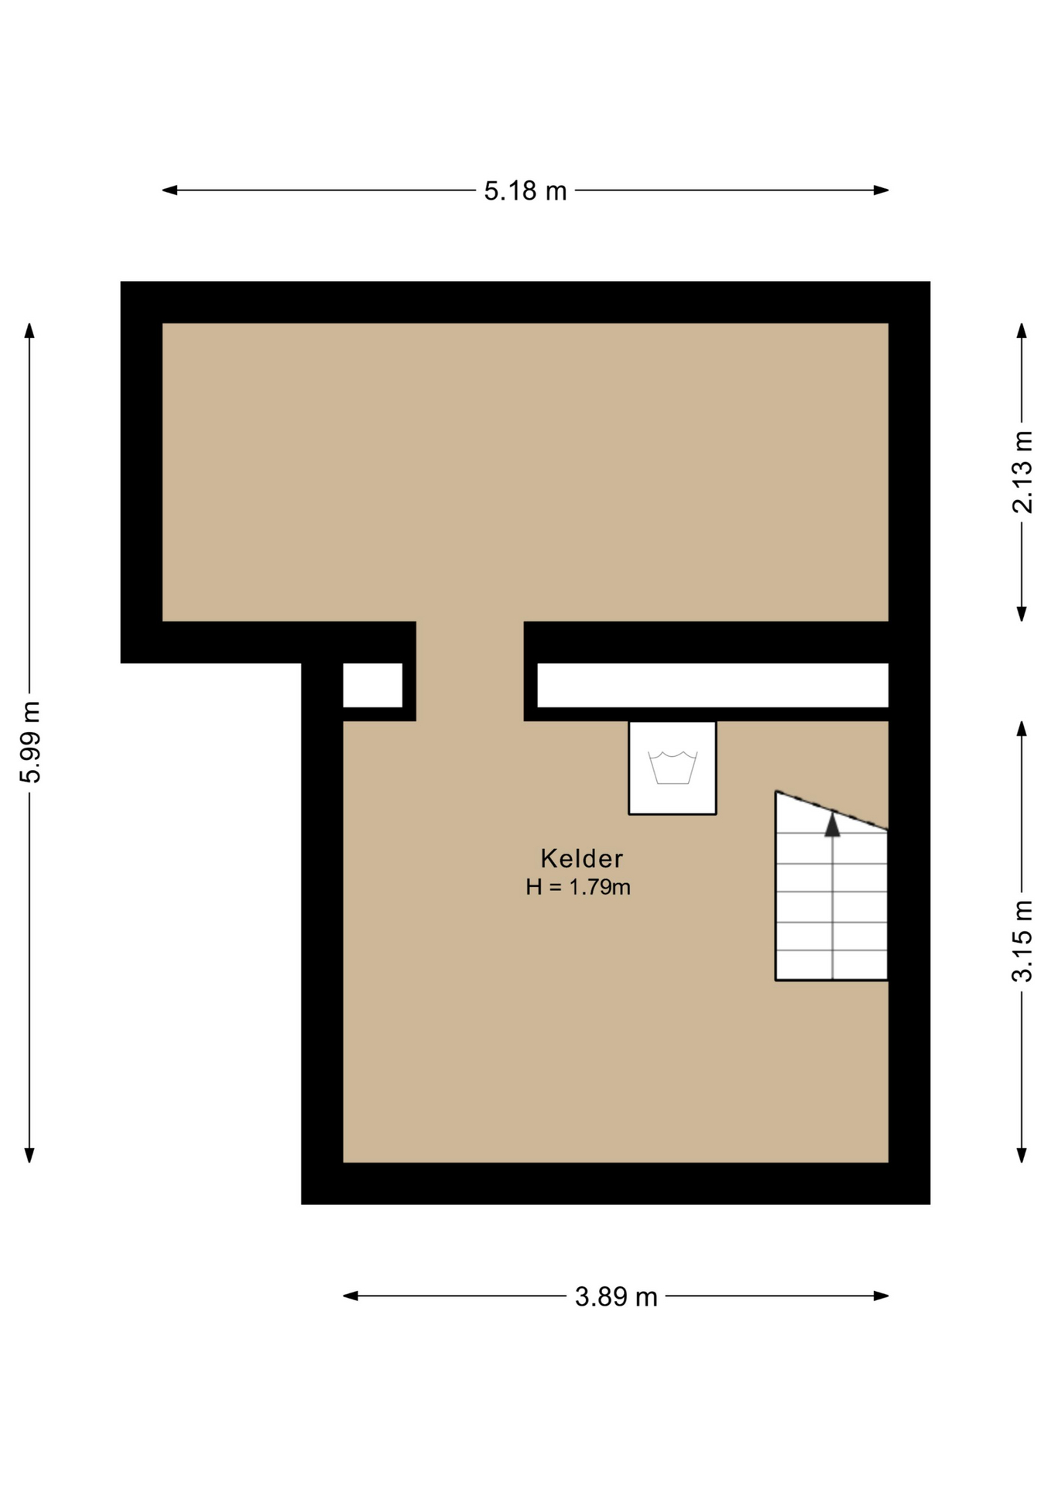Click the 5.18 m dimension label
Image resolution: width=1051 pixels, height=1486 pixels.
tap(525, 190)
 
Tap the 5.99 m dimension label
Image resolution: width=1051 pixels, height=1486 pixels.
tap(30, 742)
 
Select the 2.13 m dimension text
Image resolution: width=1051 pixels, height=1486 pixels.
tap(1022, 472)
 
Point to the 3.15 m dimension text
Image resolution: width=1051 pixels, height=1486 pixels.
tap(1022, 941)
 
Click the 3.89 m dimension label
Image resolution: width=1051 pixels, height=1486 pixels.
tap(616, 1296)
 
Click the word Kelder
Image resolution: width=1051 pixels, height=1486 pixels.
tap(581, 858)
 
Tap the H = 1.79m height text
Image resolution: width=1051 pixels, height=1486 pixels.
tap(578, 887)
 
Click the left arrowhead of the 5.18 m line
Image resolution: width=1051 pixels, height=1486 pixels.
tap(169, 190)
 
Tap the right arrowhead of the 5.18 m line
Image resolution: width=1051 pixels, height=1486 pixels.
tap(881, 190)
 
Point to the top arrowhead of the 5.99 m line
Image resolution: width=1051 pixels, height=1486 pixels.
tap(29, 330)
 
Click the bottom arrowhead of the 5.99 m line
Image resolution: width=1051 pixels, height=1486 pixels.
tap(29, 1155)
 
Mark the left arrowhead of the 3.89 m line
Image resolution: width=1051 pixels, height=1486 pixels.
tap(351, 1296)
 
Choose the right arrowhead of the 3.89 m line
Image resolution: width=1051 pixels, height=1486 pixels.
tap(881, 1296)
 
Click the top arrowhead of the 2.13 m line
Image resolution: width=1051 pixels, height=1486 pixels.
tap(1022, 330)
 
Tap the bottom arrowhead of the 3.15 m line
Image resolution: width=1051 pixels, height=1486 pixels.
tap(1022, 1155)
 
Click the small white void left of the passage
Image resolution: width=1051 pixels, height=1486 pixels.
tap(372, 685)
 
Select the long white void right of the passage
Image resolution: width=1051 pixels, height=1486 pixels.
tap(713, 685)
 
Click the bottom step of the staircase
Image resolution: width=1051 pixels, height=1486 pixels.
tap(831, 965)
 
